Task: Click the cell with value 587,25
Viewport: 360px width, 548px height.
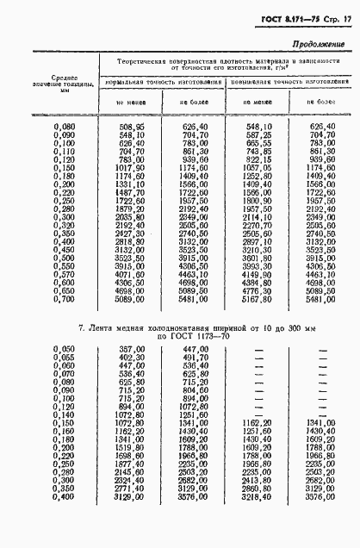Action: click(x=259, y=135)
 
